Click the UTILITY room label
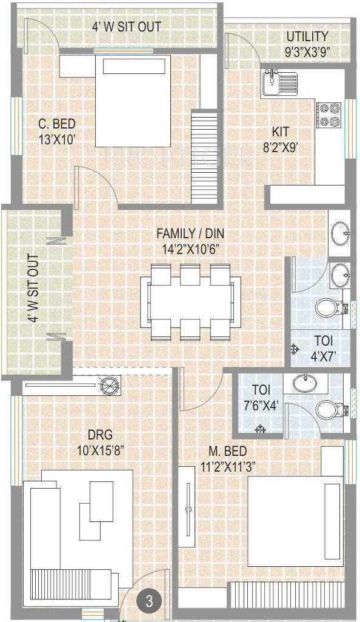[307, 36]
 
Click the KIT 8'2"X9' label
[281, 139]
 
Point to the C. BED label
[57, 124]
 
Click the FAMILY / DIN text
[190, 233]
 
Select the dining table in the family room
[190, 303]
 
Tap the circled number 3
[149, 601]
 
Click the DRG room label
[100, 434]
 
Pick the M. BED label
[228, 451]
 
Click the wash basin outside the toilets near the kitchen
[340, 233]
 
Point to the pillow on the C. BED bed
[134, 66]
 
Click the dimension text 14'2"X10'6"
[191, 250]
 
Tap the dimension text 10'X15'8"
[101, 451]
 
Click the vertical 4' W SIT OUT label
[34, 289]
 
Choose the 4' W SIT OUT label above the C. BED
[127, 27]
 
